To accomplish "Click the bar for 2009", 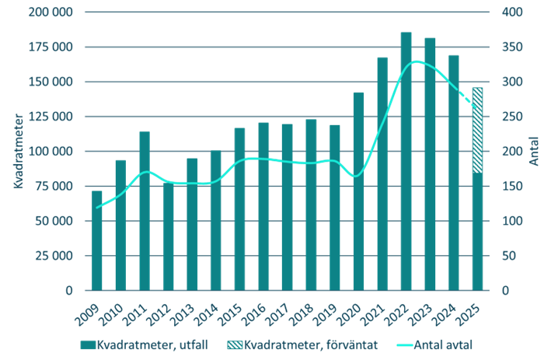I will (x=97, y=240).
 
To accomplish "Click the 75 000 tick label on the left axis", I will (x=52, y=186).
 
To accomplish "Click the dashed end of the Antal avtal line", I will (x=465, y=99).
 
